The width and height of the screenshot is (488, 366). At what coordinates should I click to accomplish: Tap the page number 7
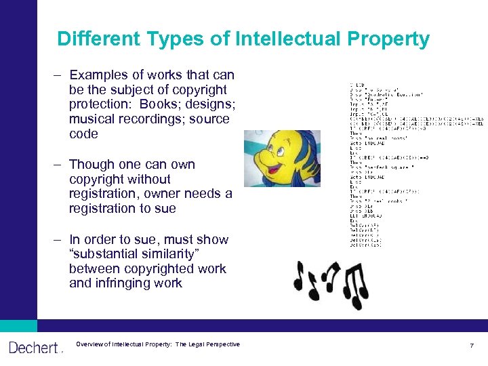(472, 346)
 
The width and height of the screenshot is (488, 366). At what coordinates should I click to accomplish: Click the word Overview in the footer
(90, 344)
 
